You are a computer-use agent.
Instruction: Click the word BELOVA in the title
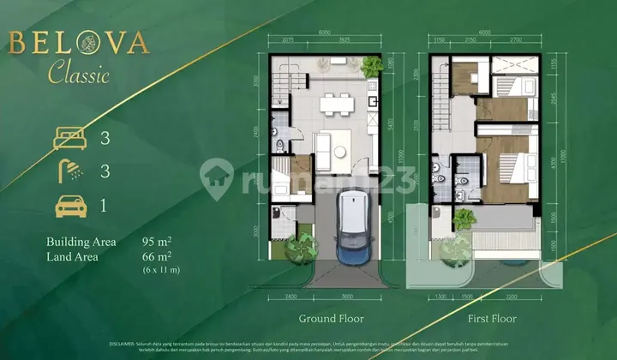[x=78, y=44]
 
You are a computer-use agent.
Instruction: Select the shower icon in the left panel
[x=70, y=171]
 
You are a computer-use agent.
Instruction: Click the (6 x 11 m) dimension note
[x=162, y=270]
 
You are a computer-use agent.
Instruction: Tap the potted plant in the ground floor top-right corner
[x=372, y=66]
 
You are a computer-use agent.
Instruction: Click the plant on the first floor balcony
[x=464, y=219]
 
